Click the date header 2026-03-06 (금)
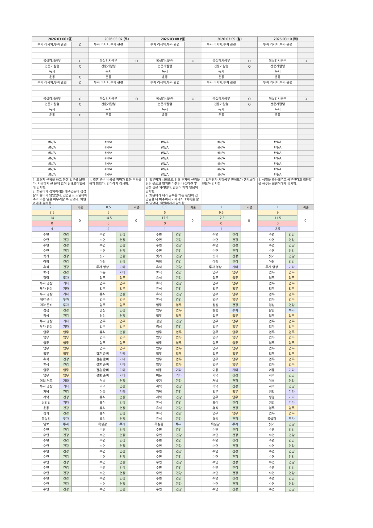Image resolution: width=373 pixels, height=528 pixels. click(x=60, y=39)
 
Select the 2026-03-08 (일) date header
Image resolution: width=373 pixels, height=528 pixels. click(x=173, y=39)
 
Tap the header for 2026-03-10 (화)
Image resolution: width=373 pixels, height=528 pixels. click(x=286, y=39)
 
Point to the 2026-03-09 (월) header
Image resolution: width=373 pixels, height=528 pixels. click(x=229, y=39)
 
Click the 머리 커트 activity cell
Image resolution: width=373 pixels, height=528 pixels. click(x=46, y=381)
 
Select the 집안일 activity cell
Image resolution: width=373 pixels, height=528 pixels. click(x=46, y=402)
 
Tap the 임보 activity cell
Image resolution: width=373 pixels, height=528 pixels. click(x=46, y=424)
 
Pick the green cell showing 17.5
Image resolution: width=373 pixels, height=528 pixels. click(x=165, y=218)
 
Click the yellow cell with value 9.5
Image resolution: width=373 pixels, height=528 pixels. click(x=221, y=212)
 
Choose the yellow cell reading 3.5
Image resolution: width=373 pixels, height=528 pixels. click(x=52, y=212)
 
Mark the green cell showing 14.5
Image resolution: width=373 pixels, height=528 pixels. click(x=108, y=218)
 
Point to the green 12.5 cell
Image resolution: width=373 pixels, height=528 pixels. click(x=221, y=218)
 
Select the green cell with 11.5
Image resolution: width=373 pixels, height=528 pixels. click(x=277, y=218)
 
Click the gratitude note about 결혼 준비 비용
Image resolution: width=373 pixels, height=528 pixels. click(x=116, y=182)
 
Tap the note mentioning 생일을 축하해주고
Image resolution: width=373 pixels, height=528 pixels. click(x=285, y=182)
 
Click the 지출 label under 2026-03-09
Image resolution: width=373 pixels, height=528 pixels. click(x=249, y=207)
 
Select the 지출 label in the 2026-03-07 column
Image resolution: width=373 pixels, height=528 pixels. click(x=136, y=207)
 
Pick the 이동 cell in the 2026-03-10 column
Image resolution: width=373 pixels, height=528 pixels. click(x=271, y=370)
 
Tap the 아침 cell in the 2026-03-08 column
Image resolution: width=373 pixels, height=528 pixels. click(x=159, y=261)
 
